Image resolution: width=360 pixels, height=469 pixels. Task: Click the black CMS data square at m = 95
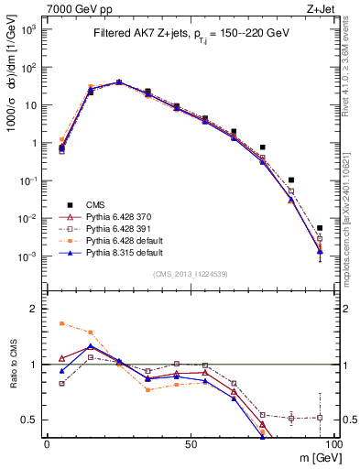click(x=320, y=228)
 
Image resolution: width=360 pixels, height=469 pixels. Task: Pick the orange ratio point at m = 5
click(x=61, y=323)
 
